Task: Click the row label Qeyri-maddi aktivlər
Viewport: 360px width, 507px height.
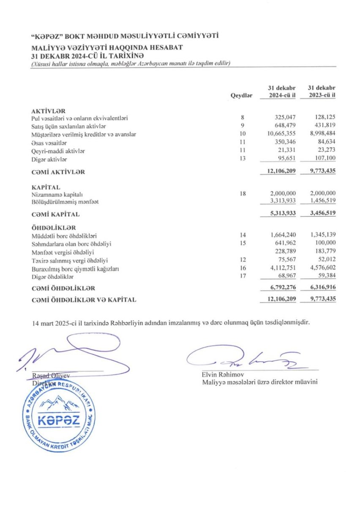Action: tap(58, 151)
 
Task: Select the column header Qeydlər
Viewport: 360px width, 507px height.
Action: tap(241, 95)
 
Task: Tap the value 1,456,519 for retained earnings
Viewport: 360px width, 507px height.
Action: tap(322, 202)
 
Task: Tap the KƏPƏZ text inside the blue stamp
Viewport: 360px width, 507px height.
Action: tap(58, 421)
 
